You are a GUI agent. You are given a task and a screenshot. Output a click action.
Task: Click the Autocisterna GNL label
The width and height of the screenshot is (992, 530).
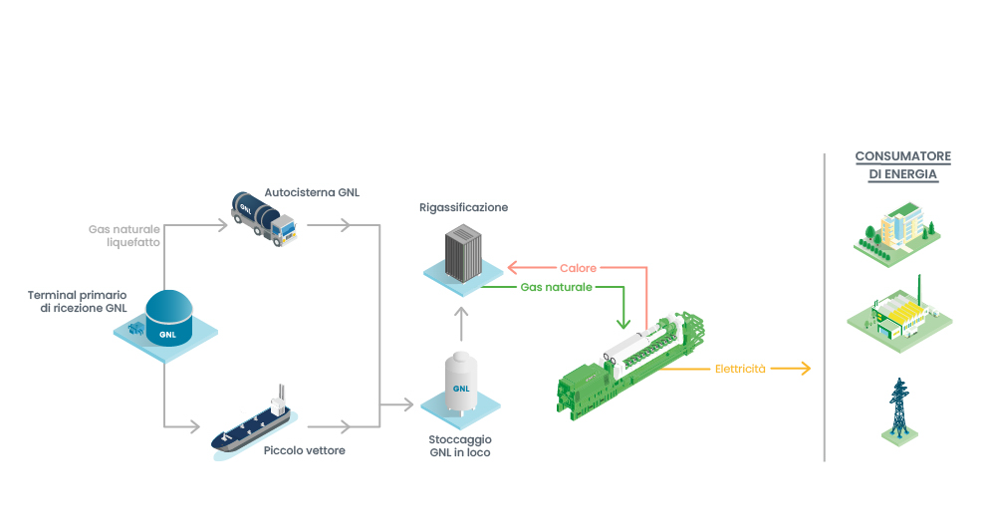pos(312,191)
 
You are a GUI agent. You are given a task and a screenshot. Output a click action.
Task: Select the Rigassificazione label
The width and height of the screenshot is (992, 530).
pos(464,207)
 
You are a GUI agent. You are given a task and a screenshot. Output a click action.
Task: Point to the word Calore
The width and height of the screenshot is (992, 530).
pos(579,268)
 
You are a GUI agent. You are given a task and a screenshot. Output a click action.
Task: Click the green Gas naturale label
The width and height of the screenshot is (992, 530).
pos(556,287)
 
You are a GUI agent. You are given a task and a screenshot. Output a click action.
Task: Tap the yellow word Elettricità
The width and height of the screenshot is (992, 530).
pos(741,369)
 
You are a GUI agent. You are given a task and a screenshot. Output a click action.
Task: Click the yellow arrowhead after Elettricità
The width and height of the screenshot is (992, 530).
pos(805,369)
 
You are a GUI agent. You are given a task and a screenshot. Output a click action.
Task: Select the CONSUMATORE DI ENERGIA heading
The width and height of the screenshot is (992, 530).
pos(903,165)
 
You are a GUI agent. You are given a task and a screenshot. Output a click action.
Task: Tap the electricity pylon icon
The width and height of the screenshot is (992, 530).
pos(899,410)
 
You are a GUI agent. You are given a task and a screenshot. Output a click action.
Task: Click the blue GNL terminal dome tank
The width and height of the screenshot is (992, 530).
pos(166,318)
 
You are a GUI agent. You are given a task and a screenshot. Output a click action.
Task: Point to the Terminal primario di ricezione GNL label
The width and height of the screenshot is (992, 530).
pos(78,302)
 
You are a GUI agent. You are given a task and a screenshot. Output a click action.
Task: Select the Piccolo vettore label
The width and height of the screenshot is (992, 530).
pos(305,450)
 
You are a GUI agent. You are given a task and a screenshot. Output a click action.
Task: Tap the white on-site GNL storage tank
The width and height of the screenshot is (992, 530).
pos(461,384)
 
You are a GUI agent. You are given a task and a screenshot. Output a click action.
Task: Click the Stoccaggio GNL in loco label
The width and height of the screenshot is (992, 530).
pos(461,445)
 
